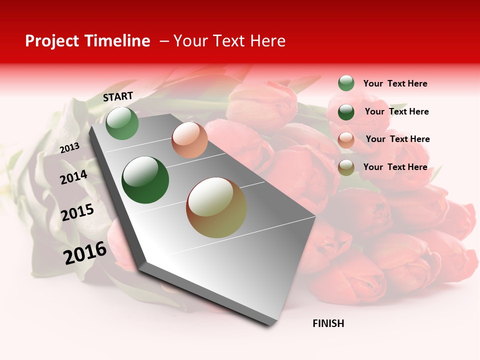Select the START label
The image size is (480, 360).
(x=118, y=96)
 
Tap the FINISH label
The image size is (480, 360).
(x=328, y=323)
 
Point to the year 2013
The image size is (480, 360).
(x=69, y=148)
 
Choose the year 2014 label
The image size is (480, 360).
(x=73, y=177)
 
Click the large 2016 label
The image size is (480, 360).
(x=85, y=252)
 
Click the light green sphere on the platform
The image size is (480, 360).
(x=122, y=123)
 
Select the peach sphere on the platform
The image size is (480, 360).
(x=189, y=140)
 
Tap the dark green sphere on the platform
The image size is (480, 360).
(x=145, y=180)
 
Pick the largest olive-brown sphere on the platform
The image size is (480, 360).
(x=216, y=207)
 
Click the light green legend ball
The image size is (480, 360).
(x=346, y=83)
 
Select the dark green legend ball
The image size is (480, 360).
(x=346, y=112)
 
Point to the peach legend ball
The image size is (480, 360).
(x=346, y=140)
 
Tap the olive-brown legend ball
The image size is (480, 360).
(x=346, y=168)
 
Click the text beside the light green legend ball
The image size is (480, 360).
(x=395, y=83)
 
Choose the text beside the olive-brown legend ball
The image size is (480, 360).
(x=395, y=167)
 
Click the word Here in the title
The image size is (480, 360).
(x=267, y=41)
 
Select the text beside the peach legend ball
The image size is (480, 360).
(x=397, y=139)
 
